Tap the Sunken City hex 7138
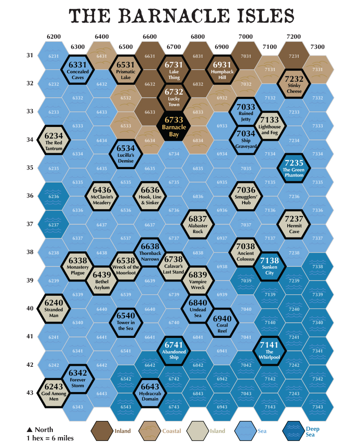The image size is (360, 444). [x=269, y=266]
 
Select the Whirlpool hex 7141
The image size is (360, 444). [x=269, y=351]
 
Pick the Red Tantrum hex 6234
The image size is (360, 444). [x=54, y=140]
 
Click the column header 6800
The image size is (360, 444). [x=198, y=37]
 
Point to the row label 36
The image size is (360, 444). [x=30, y=196]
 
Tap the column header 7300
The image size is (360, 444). [x=317, y=47]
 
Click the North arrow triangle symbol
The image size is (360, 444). [x=30, y=429]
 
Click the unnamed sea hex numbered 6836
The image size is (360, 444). [x=198, y=197]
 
